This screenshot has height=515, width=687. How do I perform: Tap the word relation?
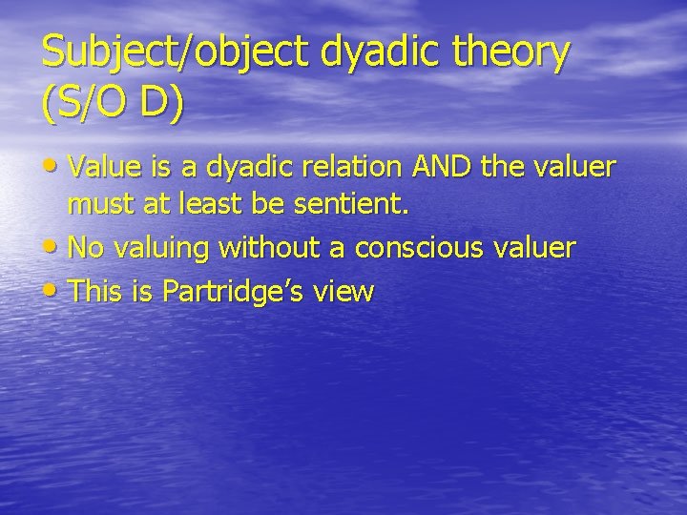tap(353, 168)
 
